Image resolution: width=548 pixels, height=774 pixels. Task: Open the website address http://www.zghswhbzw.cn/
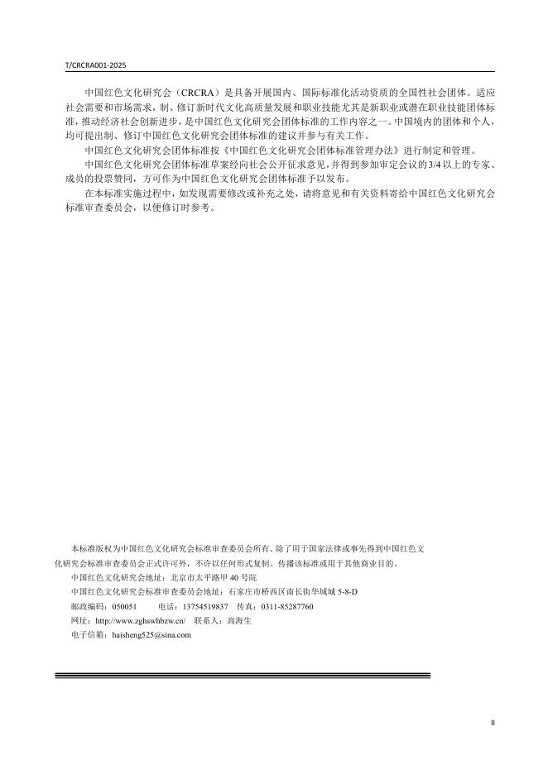point(141,620)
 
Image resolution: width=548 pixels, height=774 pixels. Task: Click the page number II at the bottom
point(493,723)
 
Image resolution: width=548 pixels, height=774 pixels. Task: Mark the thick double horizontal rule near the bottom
point(243,676)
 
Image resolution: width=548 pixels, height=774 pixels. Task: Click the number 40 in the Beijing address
point(233,577)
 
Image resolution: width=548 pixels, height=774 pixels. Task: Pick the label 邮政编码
point(89,606)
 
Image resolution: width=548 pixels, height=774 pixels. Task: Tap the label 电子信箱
point(89,634)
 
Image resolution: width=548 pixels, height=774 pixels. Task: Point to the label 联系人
point(207,620)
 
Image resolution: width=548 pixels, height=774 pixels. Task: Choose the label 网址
point(80,620)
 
